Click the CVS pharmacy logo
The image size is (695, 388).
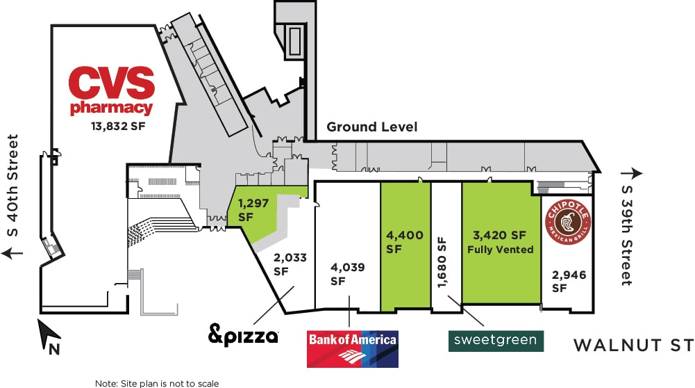[x=112, y=91]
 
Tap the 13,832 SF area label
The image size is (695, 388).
[x=118, y=126]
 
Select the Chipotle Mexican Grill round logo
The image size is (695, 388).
[x=568, y=222]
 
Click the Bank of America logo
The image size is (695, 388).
[x=353, y=349]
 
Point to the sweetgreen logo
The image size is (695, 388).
[x=496, y=341]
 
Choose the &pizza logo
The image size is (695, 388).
[x=243, y=334]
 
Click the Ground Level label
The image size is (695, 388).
[x=372, y=127]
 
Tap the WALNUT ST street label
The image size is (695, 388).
[x=634, y=345]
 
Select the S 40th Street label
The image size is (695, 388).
[x=13, y=186]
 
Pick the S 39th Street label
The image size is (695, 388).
[x=626, y=235]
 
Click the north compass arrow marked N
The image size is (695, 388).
[x=49, y=335]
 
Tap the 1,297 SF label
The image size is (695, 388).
[x=253, y=209]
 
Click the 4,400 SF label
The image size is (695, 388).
[x=404, y=241]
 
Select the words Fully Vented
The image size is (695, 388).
[x=501, y=250]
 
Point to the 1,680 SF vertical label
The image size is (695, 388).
[x=442, y=262]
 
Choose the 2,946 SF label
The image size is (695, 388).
[x=569, y=281]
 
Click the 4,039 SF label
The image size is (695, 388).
[x=347, y=273]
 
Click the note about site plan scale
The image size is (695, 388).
[x=157, y=383]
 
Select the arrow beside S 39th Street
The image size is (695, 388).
[x=632, y=173]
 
